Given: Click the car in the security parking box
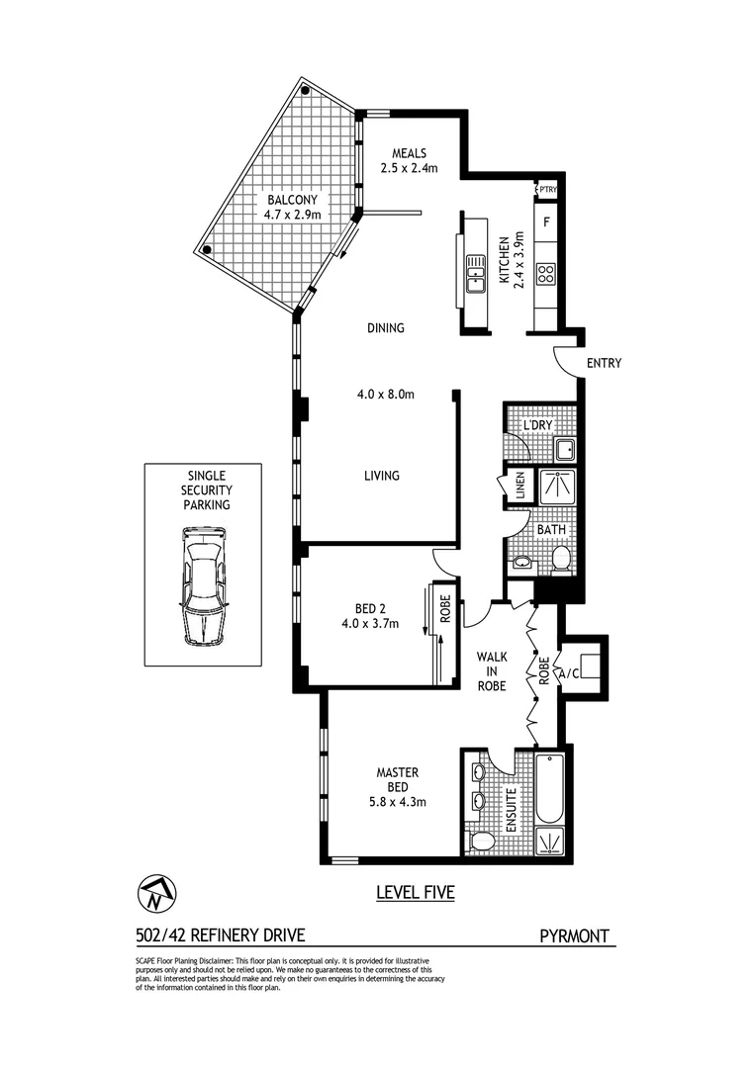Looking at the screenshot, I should point(204,585).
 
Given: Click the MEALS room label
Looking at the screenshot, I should point(409,153).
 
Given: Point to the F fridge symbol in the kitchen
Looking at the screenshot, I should point(546,222).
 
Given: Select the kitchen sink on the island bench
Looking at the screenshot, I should point(476,272).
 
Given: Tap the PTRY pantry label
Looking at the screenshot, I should point(547,189).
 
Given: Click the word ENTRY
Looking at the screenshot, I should point(604,363).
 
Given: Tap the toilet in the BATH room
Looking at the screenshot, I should point(560,560).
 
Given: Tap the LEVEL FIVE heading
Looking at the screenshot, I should point(415,893).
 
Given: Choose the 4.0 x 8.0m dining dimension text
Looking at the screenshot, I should point(385,395).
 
